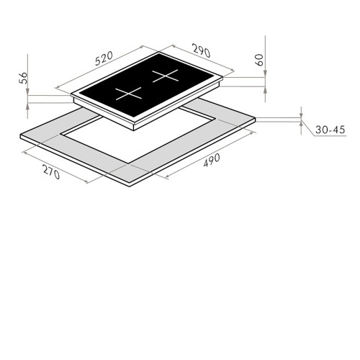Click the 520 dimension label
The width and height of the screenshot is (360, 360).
point(104,58)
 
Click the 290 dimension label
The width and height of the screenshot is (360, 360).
point(202,50)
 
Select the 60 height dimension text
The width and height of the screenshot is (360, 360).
point(260,60)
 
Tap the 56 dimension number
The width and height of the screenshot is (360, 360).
point(24,78)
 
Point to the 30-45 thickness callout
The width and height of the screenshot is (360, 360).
point(330,130)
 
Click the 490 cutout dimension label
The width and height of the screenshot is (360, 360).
point(212,160)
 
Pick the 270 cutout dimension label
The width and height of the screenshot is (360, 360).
point(51,171)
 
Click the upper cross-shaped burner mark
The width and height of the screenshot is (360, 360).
point(166,76)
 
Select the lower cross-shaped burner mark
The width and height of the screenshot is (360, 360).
point(128,94)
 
